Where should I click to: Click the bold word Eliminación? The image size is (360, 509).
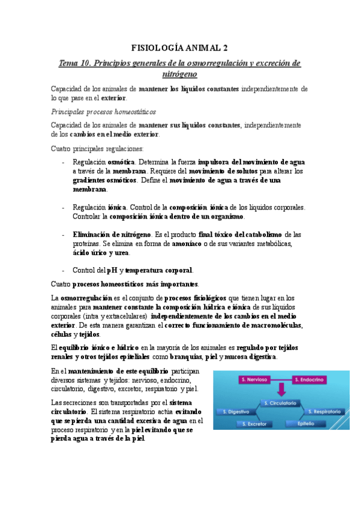point(95,233)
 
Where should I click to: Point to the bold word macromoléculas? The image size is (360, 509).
point(277,325)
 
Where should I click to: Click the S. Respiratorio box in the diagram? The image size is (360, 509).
point(323,412)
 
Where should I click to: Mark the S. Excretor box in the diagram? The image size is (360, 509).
point(257,424)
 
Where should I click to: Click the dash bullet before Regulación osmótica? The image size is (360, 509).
point(64,162)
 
